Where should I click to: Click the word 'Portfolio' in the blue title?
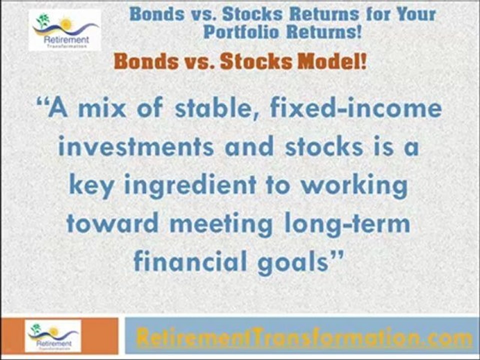(241, 31)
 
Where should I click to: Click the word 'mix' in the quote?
(102, 108)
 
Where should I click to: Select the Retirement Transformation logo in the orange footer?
(53, 336)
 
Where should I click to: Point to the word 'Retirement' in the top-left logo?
(66, 40)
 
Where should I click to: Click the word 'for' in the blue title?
(379, 14)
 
